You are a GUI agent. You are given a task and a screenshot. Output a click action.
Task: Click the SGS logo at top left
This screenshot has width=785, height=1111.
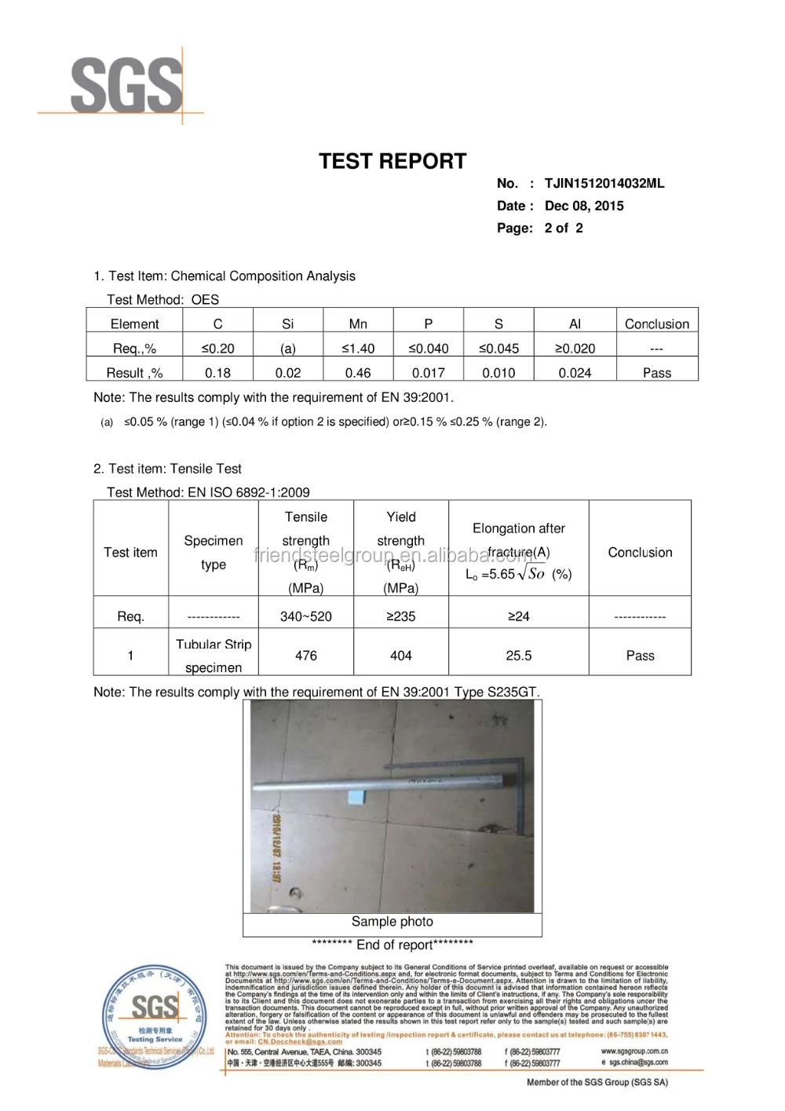pyautogui.click(x=126, y=85)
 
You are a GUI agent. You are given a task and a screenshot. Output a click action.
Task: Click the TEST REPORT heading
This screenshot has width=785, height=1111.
pyautogui.click(x=392, y=162)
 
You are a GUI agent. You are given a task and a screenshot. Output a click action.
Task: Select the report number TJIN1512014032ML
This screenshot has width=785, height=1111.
pyautogui.click(x=604, y=184)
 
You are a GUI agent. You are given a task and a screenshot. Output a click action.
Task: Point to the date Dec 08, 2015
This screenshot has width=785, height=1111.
pyautogui.click(x=584, y=206)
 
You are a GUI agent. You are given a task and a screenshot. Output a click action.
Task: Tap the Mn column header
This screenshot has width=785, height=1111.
pyautogui.click(x=358, y=324)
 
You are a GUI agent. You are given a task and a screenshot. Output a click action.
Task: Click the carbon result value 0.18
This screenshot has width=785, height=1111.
pyautogui.click(x=217, y=373)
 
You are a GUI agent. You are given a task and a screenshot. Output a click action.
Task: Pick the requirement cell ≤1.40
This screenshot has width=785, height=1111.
pyautogui.click(x=358, y=349)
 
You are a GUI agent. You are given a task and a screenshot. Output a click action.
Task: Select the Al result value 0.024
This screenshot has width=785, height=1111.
pyautogui.click(x=575, y=373)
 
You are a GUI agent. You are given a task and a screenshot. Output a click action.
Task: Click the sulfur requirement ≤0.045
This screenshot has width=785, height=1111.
pyautogui.click(x=498, y=349)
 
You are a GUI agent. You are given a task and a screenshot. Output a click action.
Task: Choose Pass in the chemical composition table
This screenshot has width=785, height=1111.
pyautogui.click(x=656, y=373)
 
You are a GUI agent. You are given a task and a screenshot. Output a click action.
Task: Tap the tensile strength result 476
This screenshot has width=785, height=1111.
pyautogui.click(x=306, y=656)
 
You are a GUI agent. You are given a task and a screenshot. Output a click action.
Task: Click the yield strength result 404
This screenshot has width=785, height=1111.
pyautogui.click(x=400, y=656)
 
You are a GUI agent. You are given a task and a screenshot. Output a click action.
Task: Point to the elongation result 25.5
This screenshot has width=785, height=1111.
pyautogui.click(x=518, y=656)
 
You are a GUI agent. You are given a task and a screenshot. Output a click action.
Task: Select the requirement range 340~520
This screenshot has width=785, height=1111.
pyautogui.click(x=306, y=617)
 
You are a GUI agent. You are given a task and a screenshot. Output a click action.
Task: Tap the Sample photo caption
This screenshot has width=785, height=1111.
pyautogui.click(x=392, y=922)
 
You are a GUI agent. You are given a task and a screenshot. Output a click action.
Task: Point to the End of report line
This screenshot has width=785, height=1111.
pyautogui.click(x=392, y=945)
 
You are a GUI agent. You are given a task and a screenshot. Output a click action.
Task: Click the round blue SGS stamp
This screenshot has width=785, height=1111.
pyautogui.click(x=155, y=1017)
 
